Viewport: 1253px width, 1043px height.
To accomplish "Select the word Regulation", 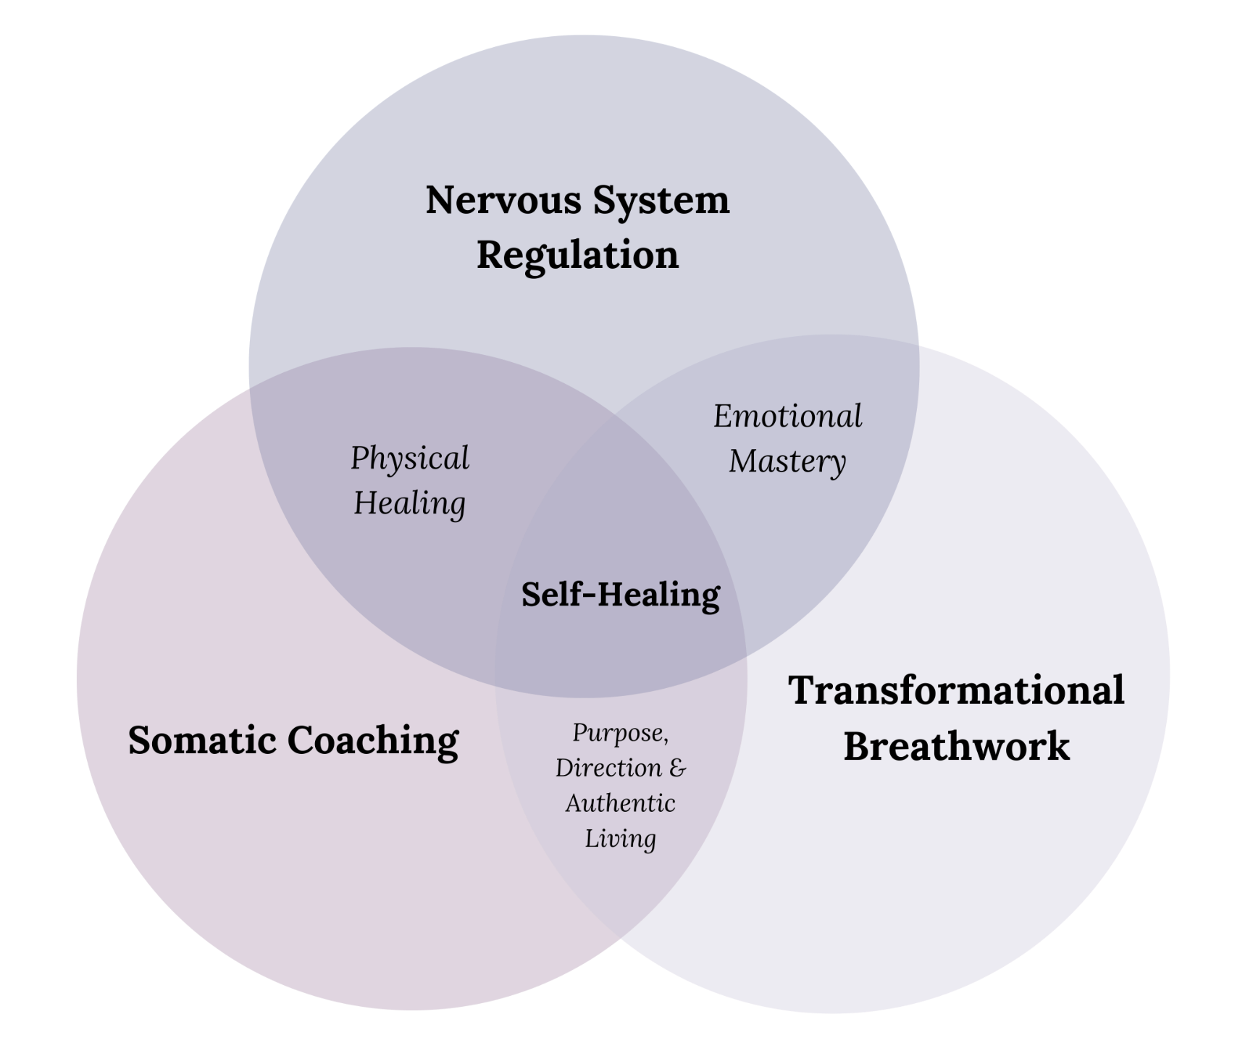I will coord(577,255).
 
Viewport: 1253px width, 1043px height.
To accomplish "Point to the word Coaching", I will coord(373,740).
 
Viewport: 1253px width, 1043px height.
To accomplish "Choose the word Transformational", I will coord(956,690).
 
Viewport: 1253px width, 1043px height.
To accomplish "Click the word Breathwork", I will coord(956,746).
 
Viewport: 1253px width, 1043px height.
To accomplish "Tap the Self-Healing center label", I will coord(621,595).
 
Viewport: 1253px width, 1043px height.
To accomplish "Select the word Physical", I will coord(410,458).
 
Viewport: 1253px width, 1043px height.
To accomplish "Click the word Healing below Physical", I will coord(409,503).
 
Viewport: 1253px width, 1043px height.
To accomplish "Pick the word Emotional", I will coord(787,416).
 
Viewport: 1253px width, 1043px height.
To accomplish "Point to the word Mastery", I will coord(787,461).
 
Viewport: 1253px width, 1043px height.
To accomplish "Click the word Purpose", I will coord(618,733).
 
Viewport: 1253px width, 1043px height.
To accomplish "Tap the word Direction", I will coord(608,768).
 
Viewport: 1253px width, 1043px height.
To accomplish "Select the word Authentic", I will coord(620,803).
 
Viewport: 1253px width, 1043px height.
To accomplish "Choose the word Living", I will coord(620,839).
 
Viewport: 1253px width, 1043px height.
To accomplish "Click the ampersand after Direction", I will coord(677,767).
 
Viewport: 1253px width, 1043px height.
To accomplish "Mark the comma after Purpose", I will coord(666,740).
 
